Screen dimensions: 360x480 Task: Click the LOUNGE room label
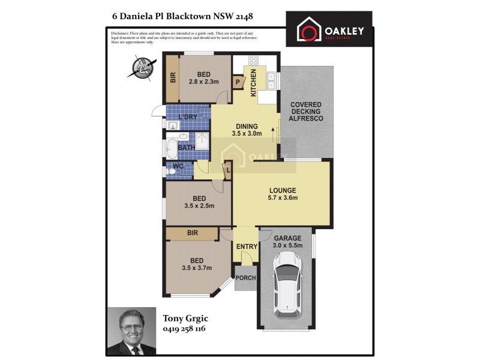coord(283,190)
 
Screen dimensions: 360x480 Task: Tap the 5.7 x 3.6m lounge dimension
coord(283,198)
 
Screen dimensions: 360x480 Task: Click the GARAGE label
coord(288,238)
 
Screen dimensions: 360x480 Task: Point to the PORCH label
coord(245,278)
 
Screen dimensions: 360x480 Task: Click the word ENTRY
coord(247,247)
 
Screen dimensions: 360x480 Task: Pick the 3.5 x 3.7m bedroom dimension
coord(198,268)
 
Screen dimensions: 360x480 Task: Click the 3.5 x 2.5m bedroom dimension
coord(199,206)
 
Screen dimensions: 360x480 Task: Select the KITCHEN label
coord(254,83)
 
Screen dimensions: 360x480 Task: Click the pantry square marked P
coord(238,82)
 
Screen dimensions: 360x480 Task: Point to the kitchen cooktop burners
coord(254,60)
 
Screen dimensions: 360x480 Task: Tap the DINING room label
coord(247,126)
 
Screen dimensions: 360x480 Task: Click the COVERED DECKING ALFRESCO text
coord(306,112)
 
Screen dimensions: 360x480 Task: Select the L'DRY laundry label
coord(187,117)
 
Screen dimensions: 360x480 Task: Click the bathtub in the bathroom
coord(171,146)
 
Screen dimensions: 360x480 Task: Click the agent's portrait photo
coord(131,331)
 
